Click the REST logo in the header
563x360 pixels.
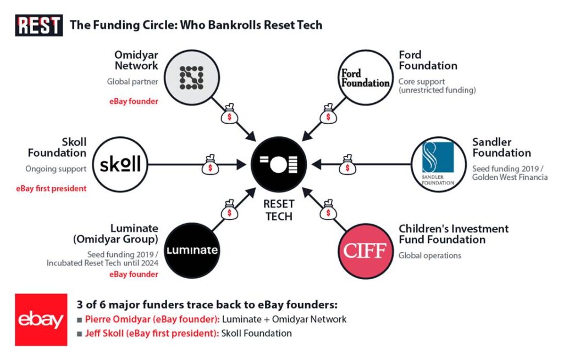[x=38, y=25]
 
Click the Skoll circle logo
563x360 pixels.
[x=120, y=164]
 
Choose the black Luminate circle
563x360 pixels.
[x=192, y=251]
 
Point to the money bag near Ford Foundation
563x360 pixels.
[x=327, y=114]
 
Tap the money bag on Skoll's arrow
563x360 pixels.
[x=210, y=163]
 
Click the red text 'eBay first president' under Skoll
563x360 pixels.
[x=52, y=189]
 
